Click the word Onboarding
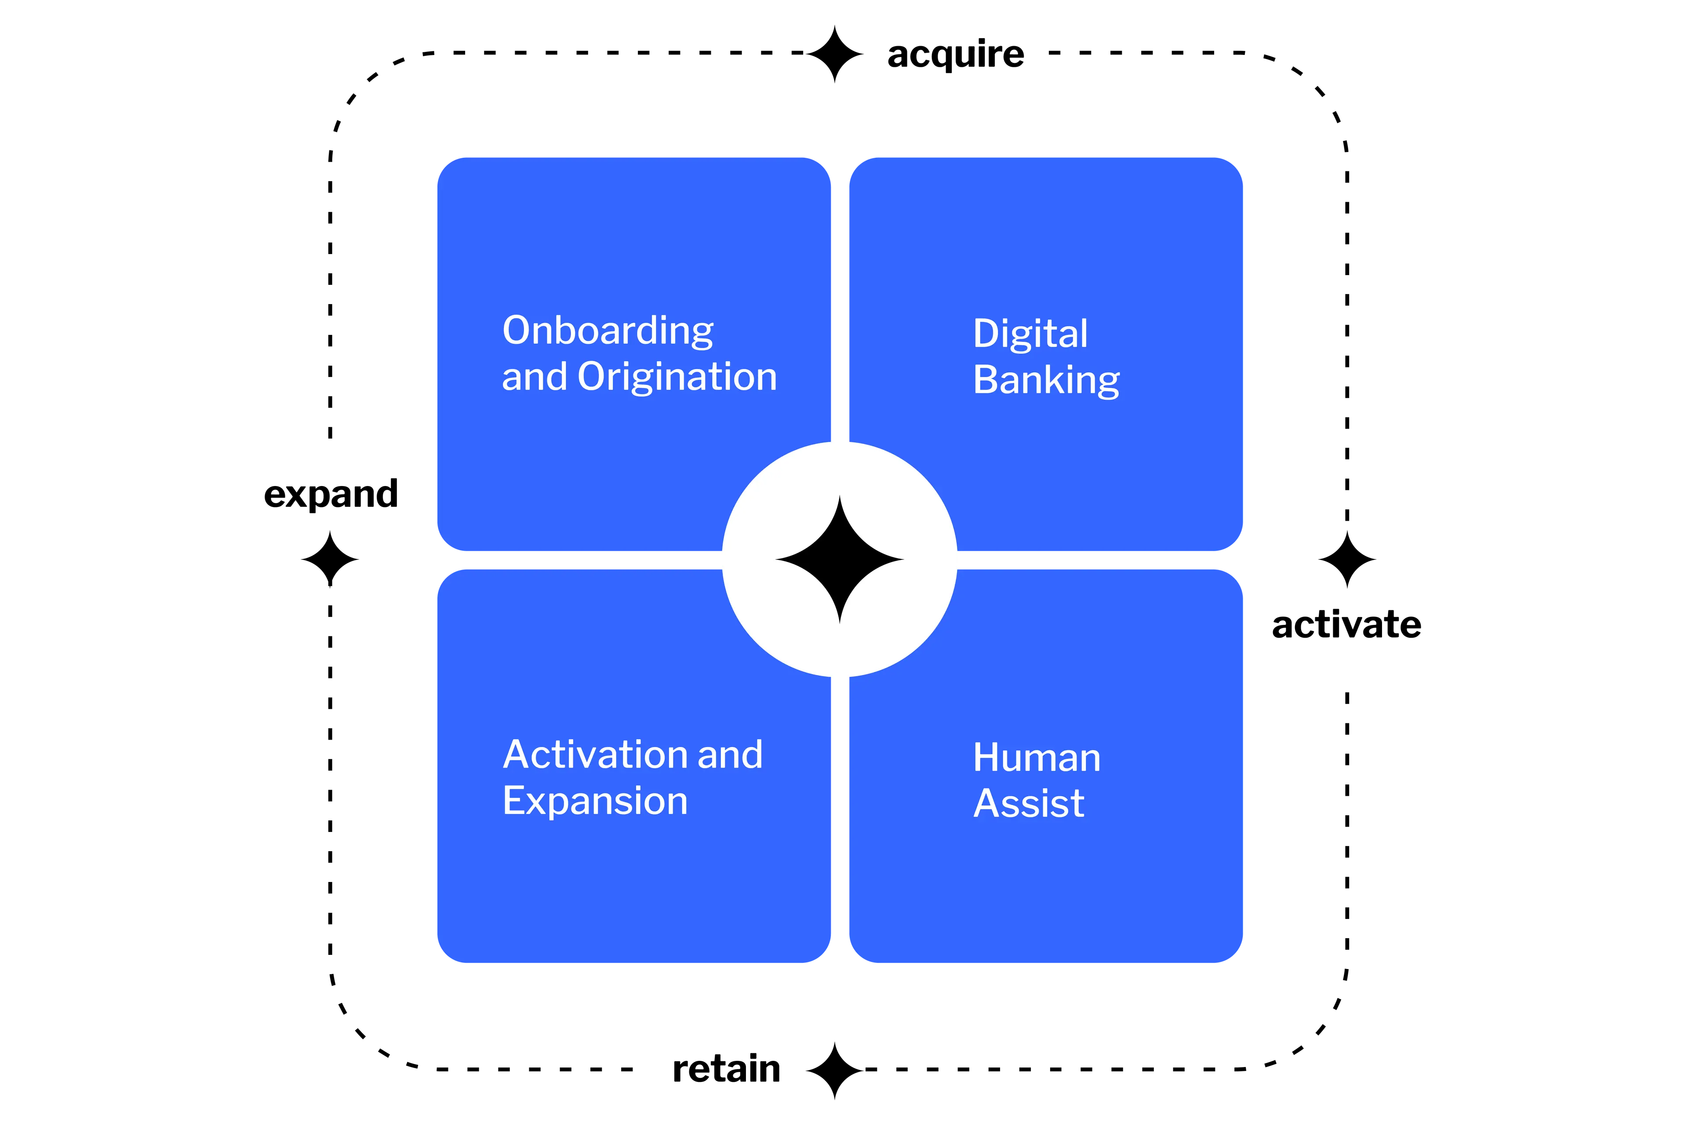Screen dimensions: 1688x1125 click(608, 331)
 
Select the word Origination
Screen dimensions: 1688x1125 click(677, 377)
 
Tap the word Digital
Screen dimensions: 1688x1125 click(1030, 334)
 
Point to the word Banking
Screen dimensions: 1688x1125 click(1046, 380)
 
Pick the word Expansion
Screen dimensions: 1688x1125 click(595, 802)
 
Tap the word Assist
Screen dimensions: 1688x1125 click(1029, 804)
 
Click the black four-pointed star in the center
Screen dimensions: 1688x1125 click(840, 559)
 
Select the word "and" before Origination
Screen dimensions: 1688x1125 click(535, 377)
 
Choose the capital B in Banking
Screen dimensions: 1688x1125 click(988, 380)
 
